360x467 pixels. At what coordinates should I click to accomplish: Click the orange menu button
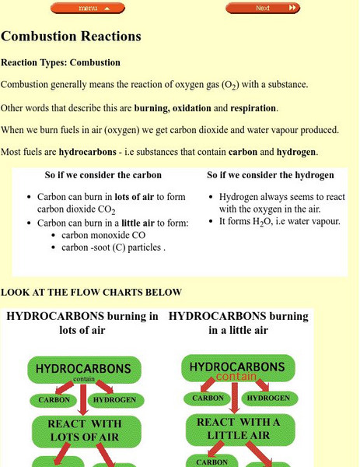[88, 8]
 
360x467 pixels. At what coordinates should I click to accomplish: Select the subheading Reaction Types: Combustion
[61, 62]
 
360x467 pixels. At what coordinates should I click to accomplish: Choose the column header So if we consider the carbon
[103, 175]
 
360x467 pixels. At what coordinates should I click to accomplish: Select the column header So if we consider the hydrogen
[271, 175]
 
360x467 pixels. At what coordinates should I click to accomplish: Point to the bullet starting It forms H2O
[280, 222]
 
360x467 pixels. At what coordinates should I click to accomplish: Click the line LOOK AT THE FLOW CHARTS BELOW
[91, 293]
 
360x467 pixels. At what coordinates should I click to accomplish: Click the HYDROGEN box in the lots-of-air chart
[114, 400]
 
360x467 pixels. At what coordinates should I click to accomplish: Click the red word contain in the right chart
[236, 377]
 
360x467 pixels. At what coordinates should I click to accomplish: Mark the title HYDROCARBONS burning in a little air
[238, 323]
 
